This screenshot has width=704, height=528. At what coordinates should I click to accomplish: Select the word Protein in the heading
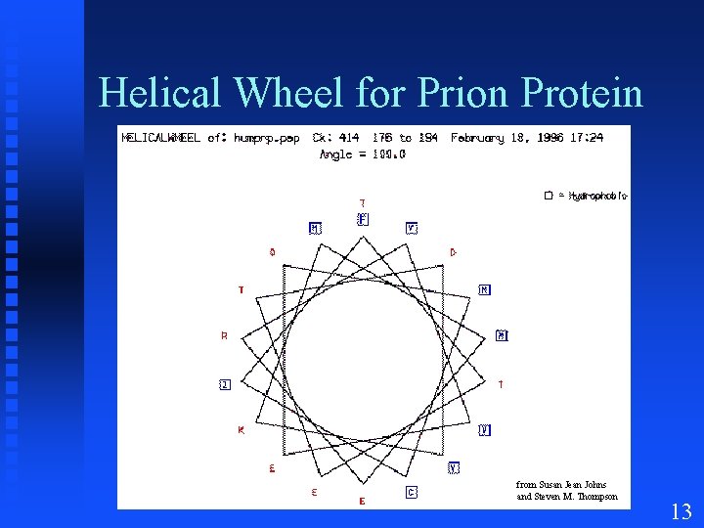click(584, 94)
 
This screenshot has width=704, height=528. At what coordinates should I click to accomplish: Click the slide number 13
click(682, 511)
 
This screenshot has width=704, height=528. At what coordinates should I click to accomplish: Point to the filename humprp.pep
click(266, 138)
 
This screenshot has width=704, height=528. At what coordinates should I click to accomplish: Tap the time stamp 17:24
click(589, 138)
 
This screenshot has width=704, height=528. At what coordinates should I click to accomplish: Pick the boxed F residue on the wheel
click(363, 219)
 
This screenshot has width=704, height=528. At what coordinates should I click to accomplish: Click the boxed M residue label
click(314, 229)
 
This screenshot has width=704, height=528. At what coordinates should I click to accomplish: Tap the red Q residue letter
click(272, 252)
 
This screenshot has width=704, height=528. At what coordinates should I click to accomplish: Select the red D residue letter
click(453, 252)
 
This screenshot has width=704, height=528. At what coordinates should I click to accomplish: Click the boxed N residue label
click(484, 290)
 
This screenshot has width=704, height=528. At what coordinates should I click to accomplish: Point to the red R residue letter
click(224, 336)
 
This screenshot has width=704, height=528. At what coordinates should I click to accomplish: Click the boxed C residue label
click(412, 493)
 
